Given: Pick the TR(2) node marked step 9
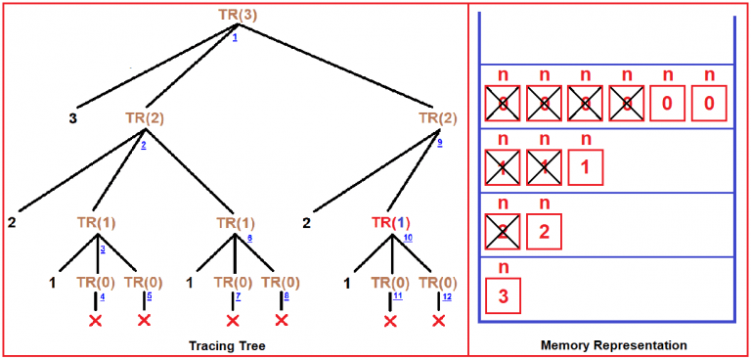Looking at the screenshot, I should point(437,118).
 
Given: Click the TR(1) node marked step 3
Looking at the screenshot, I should point(96,223).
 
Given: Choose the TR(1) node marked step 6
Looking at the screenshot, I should point(235,223).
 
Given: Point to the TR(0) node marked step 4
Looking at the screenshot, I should point(96,285).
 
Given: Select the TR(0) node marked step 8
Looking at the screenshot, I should point(282,285).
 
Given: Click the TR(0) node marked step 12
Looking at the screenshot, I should point(437,285).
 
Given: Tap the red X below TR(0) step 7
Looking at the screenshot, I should point(233,321).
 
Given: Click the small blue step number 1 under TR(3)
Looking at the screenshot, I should point(235,36).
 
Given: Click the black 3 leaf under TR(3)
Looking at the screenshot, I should point(72,119).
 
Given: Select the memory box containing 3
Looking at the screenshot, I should point(504,295).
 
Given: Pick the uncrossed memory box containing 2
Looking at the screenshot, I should point(546,233).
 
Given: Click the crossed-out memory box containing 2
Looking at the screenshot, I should point(504,233).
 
